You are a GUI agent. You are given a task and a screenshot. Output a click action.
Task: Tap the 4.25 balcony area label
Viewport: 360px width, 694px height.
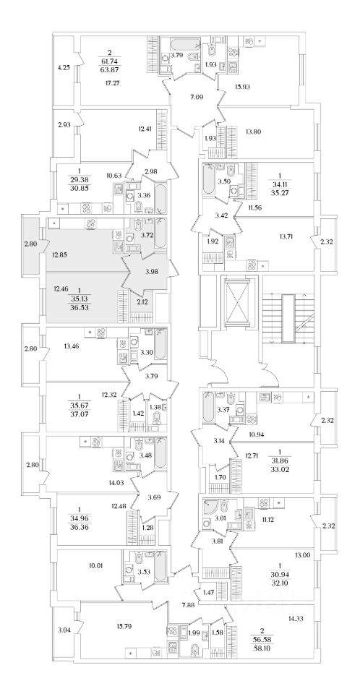64,68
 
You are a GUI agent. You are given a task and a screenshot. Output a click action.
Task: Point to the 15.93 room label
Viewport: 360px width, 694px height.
243,87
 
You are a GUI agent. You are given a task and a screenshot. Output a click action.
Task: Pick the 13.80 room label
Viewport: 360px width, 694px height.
252,131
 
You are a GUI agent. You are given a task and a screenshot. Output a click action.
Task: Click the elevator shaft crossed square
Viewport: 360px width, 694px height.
241,301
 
